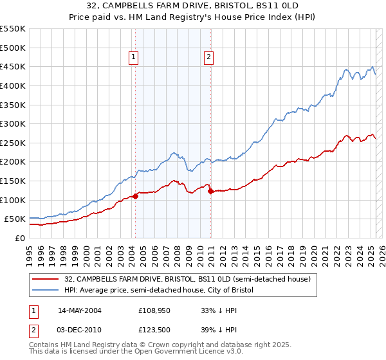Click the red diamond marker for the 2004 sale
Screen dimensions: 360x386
(x=135, y=196)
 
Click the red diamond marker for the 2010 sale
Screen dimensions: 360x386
(x=211, y=191)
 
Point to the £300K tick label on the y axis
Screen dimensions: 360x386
(x=13, y=123)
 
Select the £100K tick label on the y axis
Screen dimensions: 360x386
(x=13, y=200)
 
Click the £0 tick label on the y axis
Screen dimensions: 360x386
(x=19, y=238)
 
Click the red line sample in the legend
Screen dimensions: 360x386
(x=45, y=279)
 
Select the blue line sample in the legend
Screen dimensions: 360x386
(x=45, y=290)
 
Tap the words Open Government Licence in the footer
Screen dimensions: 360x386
(x=184, y=354)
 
